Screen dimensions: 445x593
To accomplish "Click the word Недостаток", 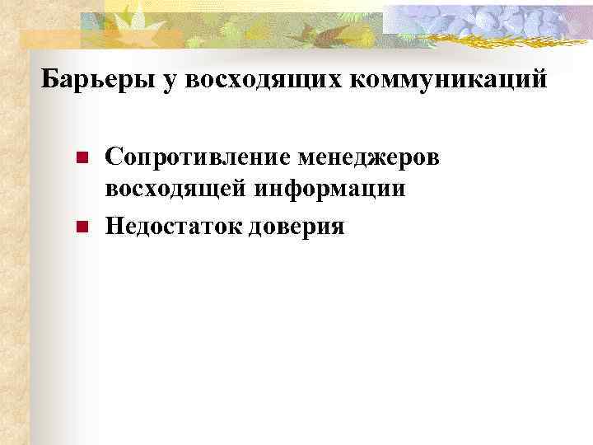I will pyautogui.click(x=168, y=224).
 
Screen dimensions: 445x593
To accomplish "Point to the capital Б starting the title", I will pyautogui.click(x=49, y=79).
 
